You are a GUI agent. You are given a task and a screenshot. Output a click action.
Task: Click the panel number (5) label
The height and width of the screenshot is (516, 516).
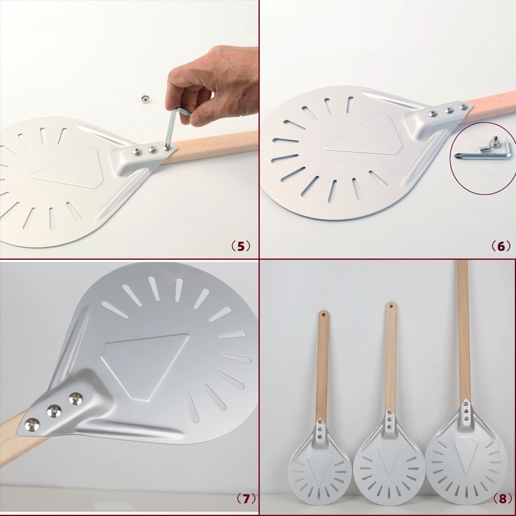(x=241, y=246)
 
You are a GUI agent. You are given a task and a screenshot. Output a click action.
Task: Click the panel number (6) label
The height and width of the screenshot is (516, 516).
(x=501, y=246)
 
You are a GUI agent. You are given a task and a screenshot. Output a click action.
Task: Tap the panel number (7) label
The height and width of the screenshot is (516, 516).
(x=246, y=499)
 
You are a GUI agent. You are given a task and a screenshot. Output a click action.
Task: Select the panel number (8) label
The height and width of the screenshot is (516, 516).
(x=502, y=499)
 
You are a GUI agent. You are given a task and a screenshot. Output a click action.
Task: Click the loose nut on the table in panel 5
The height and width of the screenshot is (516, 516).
(x=144, y=99)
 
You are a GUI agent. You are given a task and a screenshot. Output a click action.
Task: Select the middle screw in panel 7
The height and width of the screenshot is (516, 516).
(x=54, y=411)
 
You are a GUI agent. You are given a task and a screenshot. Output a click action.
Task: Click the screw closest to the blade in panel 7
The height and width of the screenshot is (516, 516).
(x=76, y=398)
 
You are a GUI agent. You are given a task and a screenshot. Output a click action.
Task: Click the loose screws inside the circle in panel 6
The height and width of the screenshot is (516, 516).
(x=490, y=145)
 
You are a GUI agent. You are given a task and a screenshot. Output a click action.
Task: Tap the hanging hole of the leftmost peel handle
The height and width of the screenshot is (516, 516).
(x=323, y=314)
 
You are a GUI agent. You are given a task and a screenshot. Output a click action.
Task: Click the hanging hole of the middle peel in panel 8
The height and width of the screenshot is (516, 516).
(x=391, y=306)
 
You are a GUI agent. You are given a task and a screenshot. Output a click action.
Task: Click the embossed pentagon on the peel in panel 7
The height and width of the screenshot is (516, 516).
(x=145, y=365)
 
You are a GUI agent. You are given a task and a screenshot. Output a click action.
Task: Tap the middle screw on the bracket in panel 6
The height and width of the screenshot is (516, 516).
(x=448, y=110)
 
